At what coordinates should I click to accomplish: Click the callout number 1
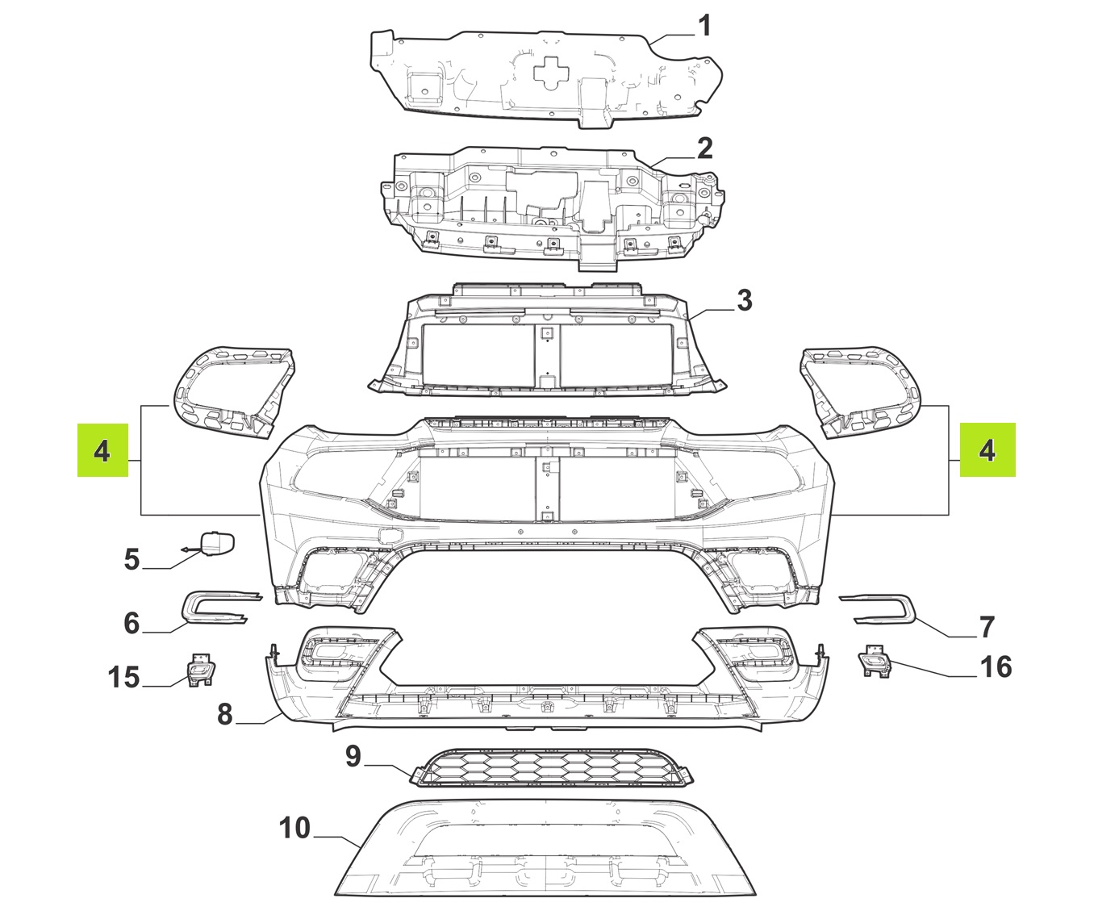point(704,26)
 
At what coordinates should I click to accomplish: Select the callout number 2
point(704,148)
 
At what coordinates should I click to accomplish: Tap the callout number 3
point(744,300)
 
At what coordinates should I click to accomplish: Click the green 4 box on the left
point(102,450)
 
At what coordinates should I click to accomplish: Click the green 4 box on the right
point(987,449)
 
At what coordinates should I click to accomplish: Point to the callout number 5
point(132,559)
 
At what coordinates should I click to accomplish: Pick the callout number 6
point(132,623)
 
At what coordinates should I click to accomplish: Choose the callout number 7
point(987,626)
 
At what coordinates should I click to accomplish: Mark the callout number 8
point(224,714)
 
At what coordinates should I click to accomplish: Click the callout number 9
point(353,756)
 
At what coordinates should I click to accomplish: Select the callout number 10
point(294,828)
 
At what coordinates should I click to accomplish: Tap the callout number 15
point(123,677)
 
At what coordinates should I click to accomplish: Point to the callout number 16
point(996,666)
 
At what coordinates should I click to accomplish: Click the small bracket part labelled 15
point(200,671)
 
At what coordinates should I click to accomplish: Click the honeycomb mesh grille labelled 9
point(551,768)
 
